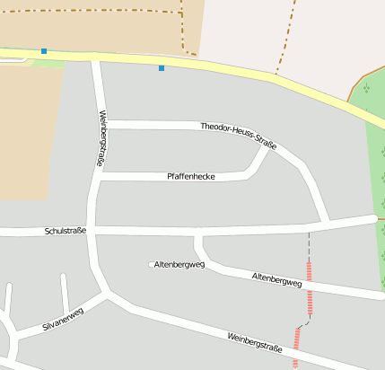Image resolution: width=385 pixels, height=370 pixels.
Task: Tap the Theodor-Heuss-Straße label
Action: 239,135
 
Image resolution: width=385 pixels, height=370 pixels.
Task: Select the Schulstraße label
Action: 66,231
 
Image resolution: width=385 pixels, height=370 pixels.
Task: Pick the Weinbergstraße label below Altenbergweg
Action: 255,341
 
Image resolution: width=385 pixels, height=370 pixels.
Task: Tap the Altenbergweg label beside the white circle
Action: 179,265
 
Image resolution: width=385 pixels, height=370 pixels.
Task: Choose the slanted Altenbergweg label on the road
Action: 276,280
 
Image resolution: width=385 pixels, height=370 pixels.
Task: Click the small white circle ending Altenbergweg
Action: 152,264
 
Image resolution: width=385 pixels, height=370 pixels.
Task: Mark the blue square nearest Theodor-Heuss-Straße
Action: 162,68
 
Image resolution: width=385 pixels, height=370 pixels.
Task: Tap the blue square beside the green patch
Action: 43,51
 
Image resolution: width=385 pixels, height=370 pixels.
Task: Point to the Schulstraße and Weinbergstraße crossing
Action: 92,231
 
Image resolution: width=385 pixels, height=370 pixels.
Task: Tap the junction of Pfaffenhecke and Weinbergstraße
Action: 97,177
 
